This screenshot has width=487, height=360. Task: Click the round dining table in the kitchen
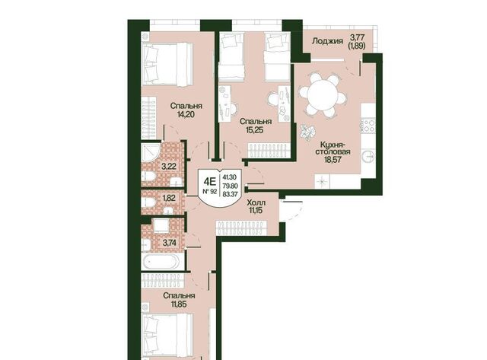(x=323, y=94)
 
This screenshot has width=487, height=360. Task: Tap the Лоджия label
(x=327, y=40)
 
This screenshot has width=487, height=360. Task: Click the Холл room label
(x=256, y=202)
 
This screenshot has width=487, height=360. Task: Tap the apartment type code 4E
(x=209, y=181)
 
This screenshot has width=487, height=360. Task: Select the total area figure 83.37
(x=230, y=194)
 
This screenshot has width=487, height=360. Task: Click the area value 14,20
(x=186, y=115)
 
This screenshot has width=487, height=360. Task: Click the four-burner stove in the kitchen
(x=368, y=125)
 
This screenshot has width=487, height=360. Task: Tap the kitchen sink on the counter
(x=369, y=157)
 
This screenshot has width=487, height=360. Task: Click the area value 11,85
(x=179, y=304)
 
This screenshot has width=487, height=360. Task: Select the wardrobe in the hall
(x=242, y=228)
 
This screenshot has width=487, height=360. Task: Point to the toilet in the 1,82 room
(x=149, y=202)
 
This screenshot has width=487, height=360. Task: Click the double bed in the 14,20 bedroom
(x=167, y=64)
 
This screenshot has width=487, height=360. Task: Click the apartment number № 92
(x=209, y=192)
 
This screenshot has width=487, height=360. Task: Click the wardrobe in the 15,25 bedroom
(x=269, y=151)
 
